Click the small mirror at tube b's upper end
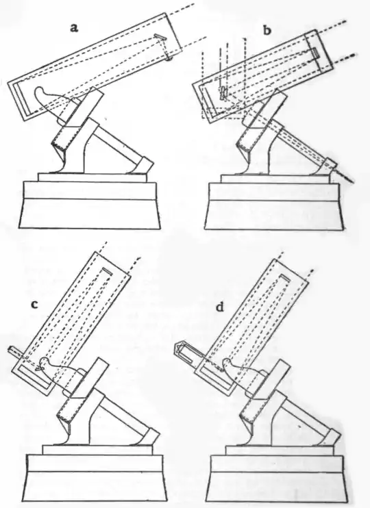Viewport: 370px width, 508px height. click(316, 53)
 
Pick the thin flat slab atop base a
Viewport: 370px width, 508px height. click(92, 177)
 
